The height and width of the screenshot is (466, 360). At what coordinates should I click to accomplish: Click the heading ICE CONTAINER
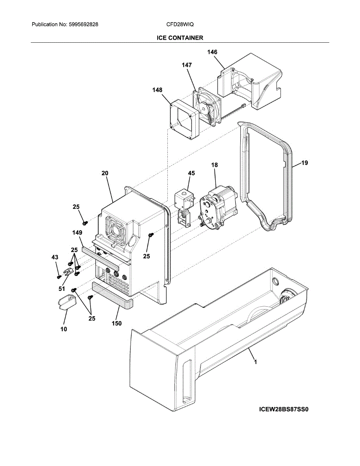point(180,38)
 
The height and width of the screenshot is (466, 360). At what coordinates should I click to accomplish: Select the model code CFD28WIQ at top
point(180,24)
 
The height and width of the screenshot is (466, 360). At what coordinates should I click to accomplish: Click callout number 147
point(187,65)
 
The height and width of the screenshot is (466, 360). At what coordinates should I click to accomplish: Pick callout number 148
point(157,90)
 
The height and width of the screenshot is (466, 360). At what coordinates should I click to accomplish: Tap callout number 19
point(304,163)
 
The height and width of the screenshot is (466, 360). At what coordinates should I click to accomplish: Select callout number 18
point(214,165)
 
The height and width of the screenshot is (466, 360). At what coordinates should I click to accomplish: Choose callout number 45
point(191,173)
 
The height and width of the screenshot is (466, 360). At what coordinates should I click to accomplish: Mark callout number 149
point(77,233)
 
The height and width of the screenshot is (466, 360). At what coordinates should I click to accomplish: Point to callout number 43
point(55,257)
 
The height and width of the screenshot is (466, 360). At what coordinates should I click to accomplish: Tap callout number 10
point(64,329)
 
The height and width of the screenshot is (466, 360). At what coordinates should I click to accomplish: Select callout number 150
point(117,323)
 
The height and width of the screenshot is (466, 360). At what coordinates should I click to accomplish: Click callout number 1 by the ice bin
point(255,362)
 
